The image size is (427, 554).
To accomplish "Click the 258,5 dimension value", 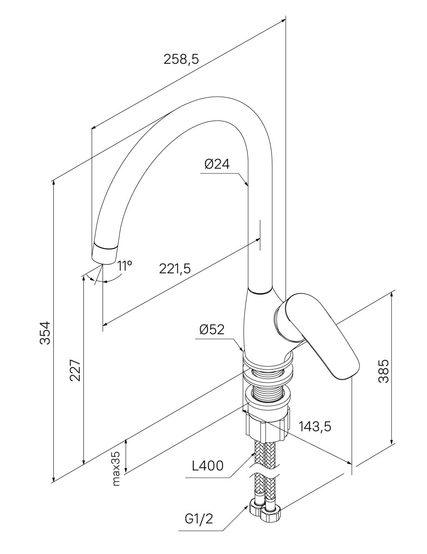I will pyautogui.click(x=181, y=59).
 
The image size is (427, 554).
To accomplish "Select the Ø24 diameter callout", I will pyautogui.click(x=217, y=164).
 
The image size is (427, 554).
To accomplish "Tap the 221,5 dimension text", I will pyautogui.click(x=175, y=268).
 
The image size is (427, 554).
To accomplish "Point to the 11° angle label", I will pyautogui.click(x=124, y=266).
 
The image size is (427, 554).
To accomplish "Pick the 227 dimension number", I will pyautogui.click(x=75, y=370).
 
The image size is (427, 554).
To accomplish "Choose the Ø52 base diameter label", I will pyautogui.click(x=212, y=330).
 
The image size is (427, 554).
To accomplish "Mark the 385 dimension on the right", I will pyautogui.click(x=383, y=370).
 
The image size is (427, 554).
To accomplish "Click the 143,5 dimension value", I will pyautogui.click(x=315, y=426).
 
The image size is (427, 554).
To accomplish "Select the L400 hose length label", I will pyautogui.click(x=208, y=466).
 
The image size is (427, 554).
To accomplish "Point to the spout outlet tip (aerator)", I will pyautogui.click(x=104, y=253).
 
